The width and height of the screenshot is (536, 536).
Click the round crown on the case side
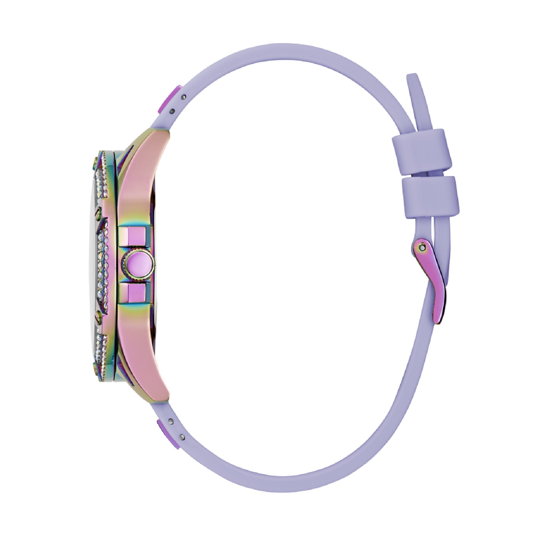[138, 265]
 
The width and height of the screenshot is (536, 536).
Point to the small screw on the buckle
[422, 247]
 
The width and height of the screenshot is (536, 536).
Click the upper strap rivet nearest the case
[172, 111]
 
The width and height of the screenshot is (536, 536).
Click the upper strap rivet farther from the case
[184, 97]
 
